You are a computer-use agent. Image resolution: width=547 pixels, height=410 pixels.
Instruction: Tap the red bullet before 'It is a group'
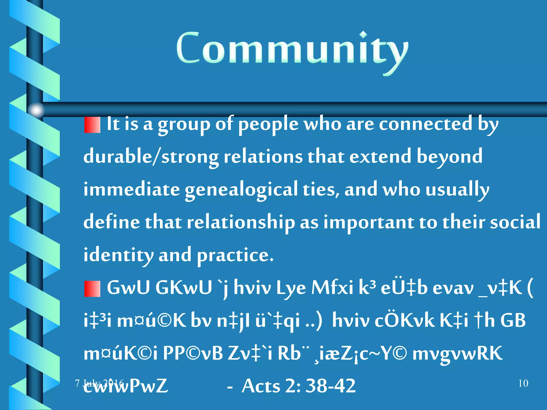(x=92, y=125)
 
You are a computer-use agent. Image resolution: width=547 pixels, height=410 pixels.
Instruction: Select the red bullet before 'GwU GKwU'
(x=92, y=289)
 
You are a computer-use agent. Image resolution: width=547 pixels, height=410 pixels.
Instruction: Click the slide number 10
(x=523, y=383)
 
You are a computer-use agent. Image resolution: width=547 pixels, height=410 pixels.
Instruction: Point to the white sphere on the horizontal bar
(x=36, y=110)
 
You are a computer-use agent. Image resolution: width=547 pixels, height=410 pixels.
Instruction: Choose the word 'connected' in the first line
(x=425, y=124)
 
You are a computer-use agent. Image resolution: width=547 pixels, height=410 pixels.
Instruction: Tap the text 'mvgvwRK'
(x=457, y=353)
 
